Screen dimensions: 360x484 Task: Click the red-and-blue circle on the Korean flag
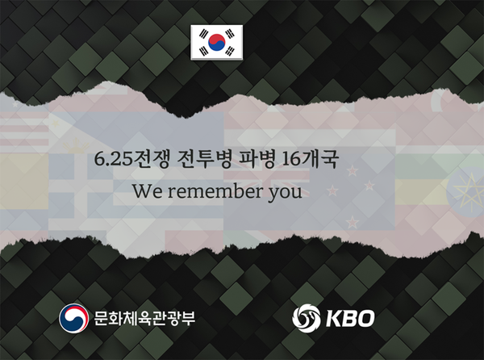pos(216,41)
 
